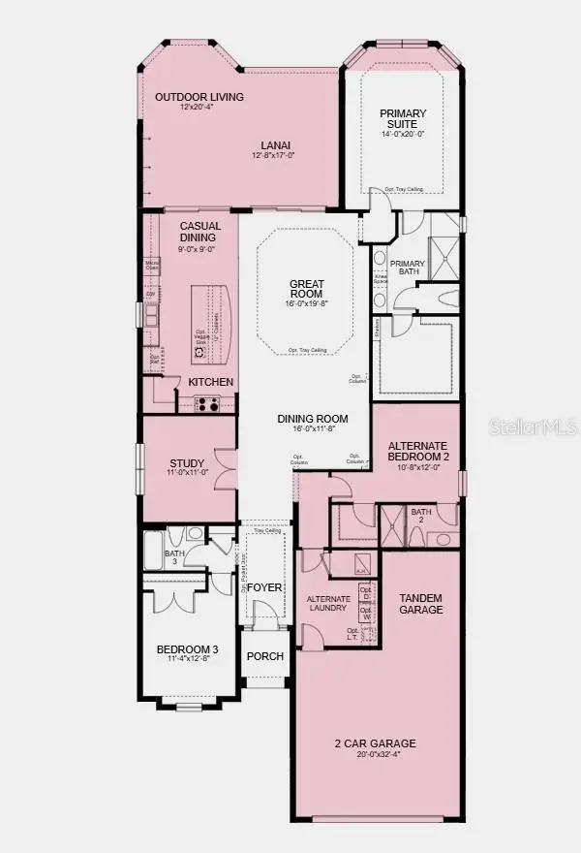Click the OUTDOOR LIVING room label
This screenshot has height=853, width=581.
pos(199,97)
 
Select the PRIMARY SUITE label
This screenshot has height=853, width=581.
pos(404,119)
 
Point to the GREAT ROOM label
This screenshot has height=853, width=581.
pos(307,290)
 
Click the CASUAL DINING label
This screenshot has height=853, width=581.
pos(201,231)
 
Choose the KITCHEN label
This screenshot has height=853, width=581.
pos(211,382)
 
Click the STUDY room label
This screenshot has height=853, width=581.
pos(187,463)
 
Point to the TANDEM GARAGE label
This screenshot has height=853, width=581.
pos(421,604)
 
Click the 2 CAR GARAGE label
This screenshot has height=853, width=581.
pos(375,743)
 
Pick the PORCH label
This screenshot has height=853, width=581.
pos(265,656)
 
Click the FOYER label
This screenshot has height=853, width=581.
pos(263,587)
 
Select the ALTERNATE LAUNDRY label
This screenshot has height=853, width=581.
pos(328,605)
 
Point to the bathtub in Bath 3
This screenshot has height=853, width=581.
pos(155,550)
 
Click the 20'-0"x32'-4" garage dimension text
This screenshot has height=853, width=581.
pos(375,756)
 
